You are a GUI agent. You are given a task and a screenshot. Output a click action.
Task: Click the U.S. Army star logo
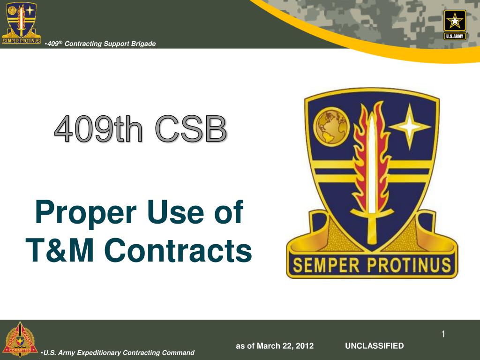pos(455,24)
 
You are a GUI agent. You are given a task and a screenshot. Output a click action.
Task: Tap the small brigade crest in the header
pos(21,22)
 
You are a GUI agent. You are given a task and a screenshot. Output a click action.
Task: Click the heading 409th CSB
pos(141,128)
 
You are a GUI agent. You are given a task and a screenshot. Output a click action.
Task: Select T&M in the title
pos(60,250)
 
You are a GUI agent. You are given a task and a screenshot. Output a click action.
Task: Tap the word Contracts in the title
pos(178,250)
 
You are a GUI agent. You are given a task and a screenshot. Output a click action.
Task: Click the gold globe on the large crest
pos(331,127)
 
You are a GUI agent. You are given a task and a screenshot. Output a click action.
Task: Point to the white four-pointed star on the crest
pos(410,126)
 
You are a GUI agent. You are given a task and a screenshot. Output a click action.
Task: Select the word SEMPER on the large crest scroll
pos(326,265)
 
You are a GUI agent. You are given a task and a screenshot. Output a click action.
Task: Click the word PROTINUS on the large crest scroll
pos(409,265)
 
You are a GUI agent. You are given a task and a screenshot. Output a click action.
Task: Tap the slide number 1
pos(443,334)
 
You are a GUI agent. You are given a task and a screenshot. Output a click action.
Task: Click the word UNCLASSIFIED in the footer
pos(374,346)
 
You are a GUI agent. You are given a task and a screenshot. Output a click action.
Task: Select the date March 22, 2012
pos(285,346)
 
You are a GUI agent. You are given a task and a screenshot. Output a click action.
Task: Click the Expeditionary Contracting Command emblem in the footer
pos(20,339)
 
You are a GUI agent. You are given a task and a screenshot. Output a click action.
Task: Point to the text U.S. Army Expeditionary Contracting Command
pos(119,353)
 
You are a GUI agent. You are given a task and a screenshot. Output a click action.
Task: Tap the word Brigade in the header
pos(143,44)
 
